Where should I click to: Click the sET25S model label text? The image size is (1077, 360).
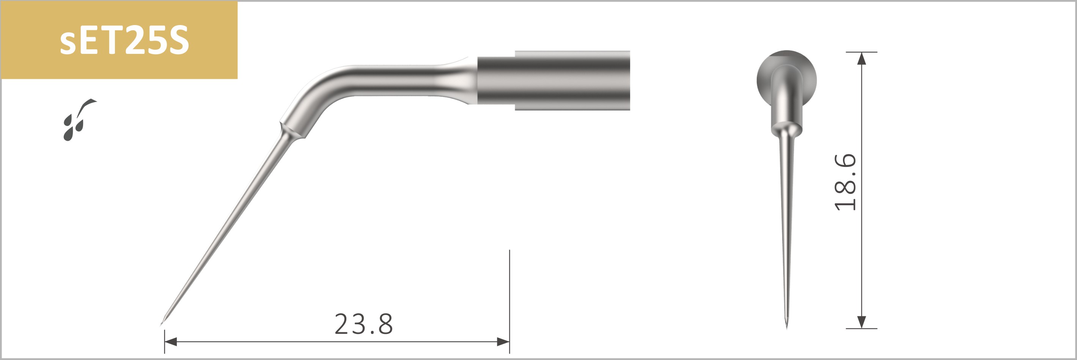click(124, 40)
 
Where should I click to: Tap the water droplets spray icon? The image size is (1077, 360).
click(79, 119)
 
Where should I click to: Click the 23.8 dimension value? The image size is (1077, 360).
click(364, 324)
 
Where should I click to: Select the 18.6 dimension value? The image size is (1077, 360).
click(845, 182)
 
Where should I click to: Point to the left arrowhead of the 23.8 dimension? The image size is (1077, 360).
click(171, 342)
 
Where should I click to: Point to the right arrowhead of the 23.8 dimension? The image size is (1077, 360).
click(503, 342)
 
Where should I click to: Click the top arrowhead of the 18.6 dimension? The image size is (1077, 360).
click(861, 58)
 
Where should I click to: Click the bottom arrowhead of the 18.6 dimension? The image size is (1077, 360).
click(861, 322)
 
